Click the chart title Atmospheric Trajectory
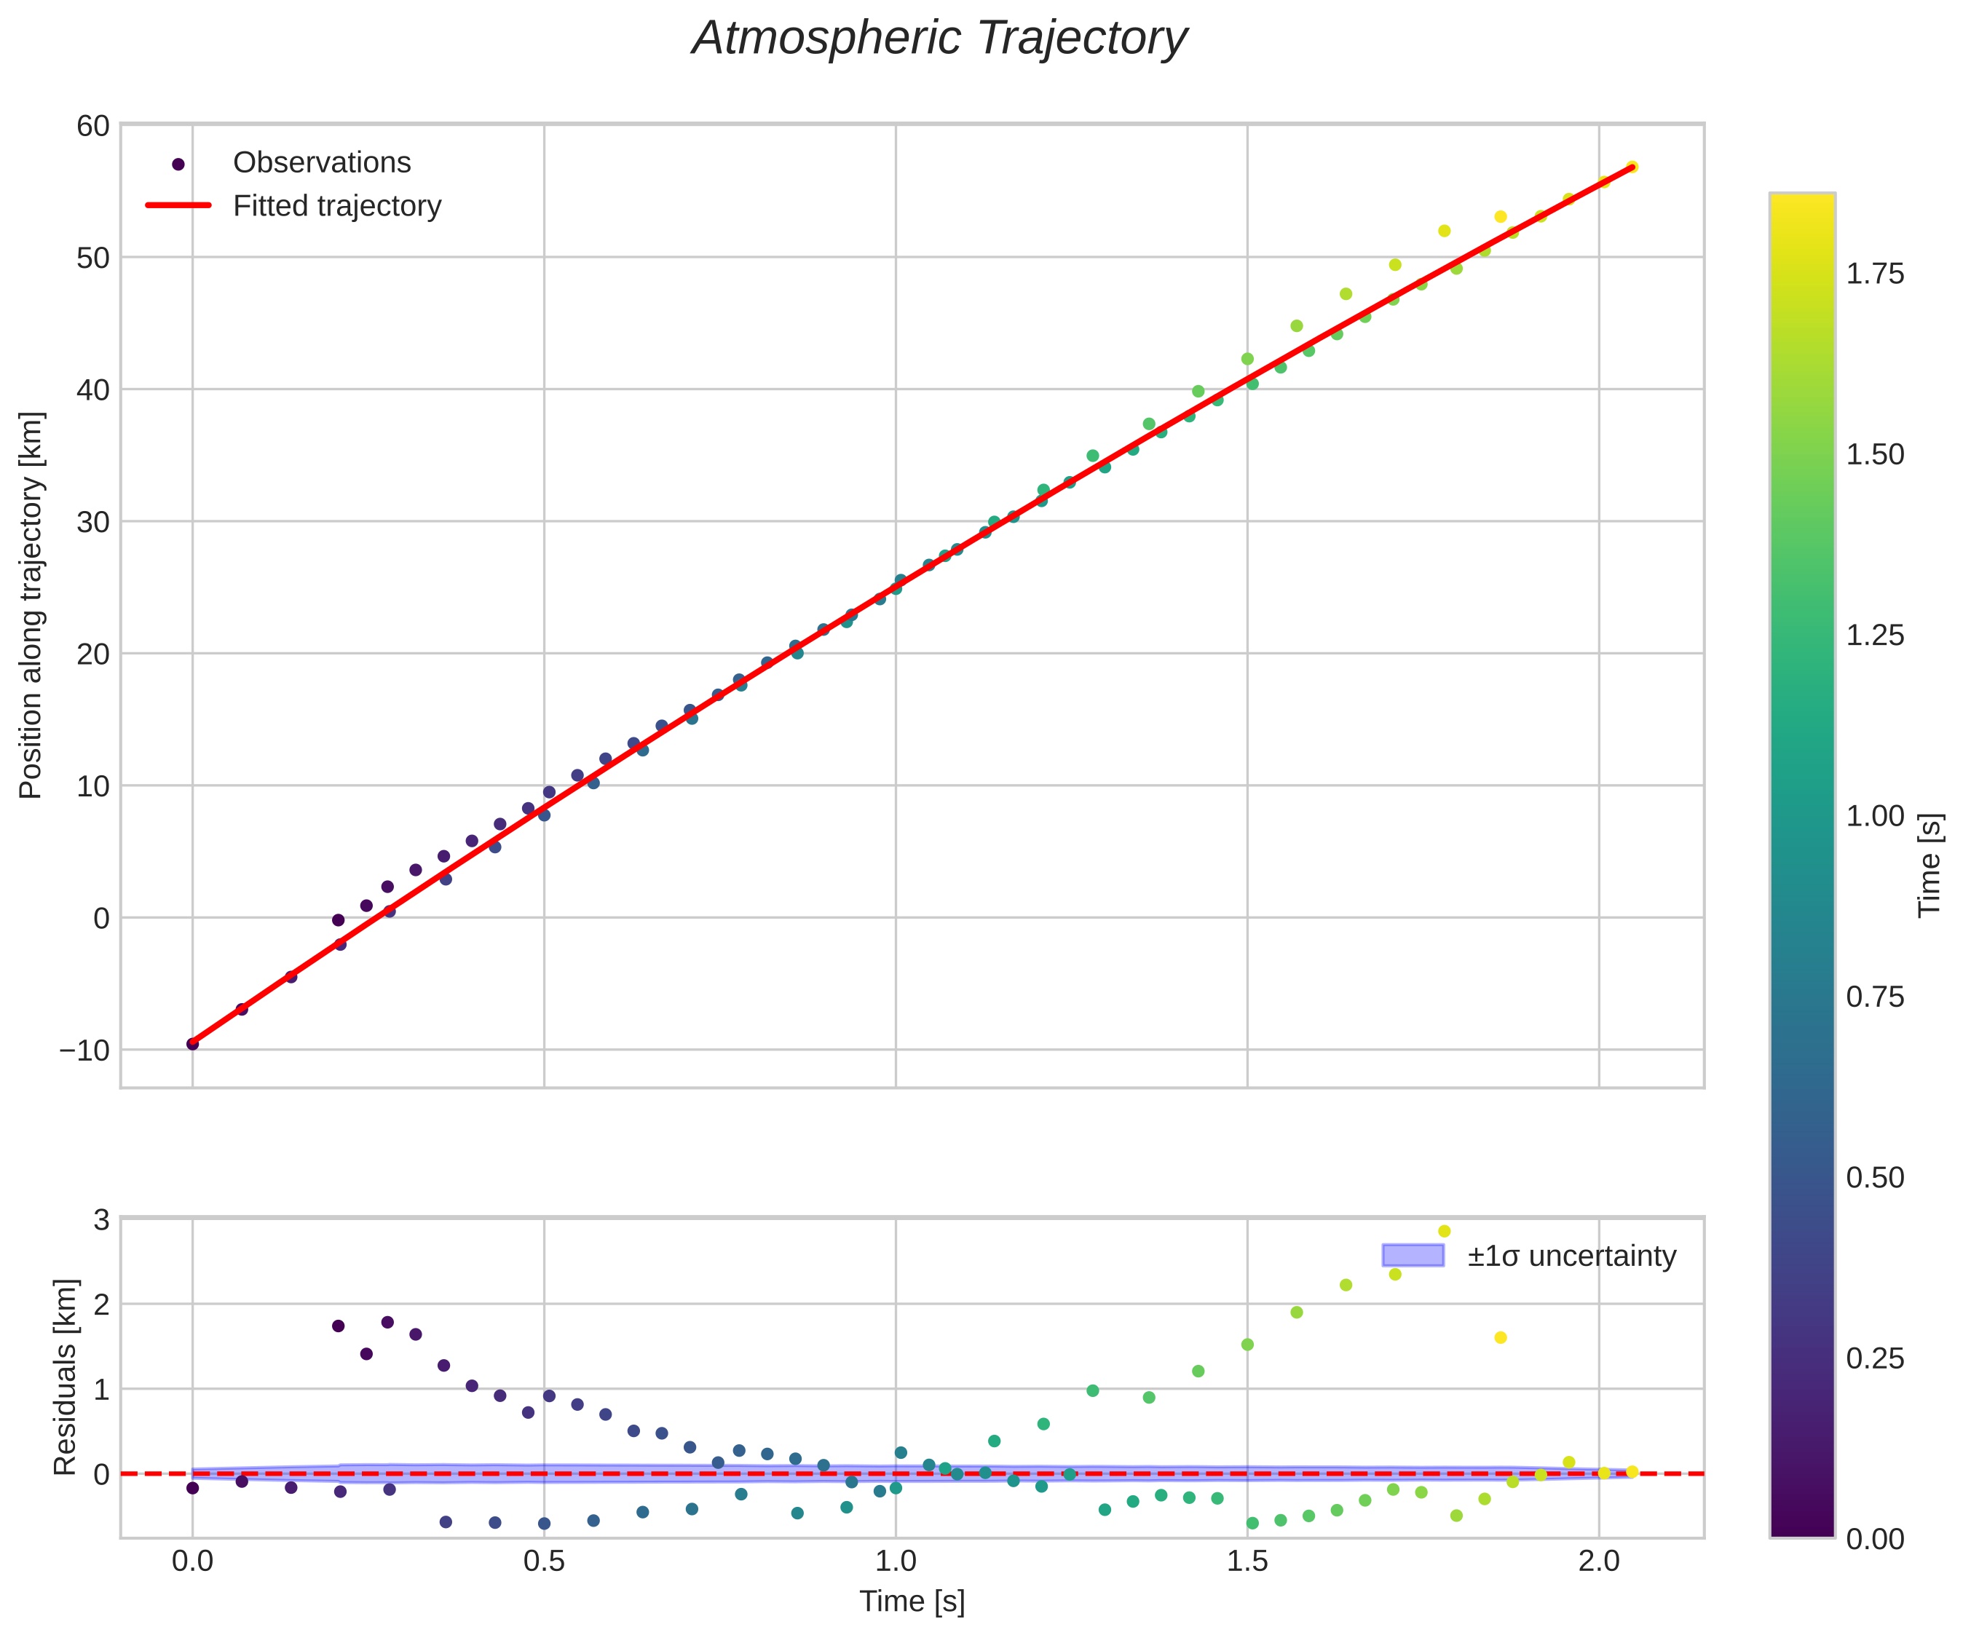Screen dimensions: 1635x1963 coord(939,39)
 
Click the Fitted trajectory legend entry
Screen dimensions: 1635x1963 coord(336,206)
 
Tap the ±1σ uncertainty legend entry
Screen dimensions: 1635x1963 coord(1571,1256)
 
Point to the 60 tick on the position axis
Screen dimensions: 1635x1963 coord(92,125)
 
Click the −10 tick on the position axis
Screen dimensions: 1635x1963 coord(84,1050)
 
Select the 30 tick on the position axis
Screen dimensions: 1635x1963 coord(92,522)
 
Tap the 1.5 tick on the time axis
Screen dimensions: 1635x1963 coord(1247,1561)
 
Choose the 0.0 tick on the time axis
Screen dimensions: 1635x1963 coord(192,1561)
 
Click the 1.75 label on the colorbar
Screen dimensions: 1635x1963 coord(1874,274)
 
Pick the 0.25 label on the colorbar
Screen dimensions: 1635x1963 coord(1874,1358)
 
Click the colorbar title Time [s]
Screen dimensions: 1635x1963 coord(1930,865)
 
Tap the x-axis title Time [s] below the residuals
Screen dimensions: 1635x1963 coord(912,1602)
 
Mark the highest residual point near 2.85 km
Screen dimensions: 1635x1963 coord(1444,1231)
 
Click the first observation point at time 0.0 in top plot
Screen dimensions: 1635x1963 coord(192,1043)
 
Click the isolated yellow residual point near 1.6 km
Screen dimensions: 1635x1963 coord(1501,1338)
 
